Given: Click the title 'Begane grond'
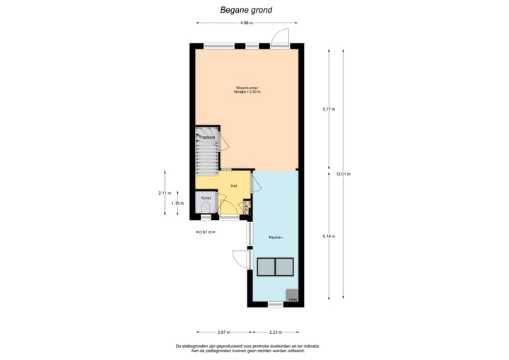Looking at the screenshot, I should pyautogui.click(x=245, y=10).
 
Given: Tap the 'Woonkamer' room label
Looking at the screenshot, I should pyautogui.click(x=247, y=88).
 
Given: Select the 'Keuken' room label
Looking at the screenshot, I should pyautogui.click(x=275, y=237).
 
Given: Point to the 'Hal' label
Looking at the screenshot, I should pyautogui.click(x=233, y=185).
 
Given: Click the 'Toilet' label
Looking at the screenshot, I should pyautogui.click(x=206, y=198).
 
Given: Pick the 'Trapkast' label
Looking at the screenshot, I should pyautogui.click(x=206, y=137).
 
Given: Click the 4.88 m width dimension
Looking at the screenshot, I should pyautogui.click(x=246, y=23).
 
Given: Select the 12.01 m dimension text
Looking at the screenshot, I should pyautogui.click(x=343, y=174).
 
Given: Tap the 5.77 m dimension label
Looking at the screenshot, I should pyautogui.click(x=328, y=110).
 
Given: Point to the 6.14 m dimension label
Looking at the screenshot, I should pyautogui.click(x=328, y=236).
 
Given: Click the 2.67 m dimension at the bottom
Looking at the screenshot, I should pyautogui.click(x=223, y=332).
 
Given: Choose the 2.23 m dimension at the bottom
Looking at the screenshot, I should pyautogui.click(x=276, y=332).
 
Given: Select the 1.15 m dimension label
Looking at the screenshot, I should pyautogui.click(x=177, y=204).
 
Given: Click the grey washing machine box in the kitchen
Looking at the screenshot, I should pyautogui.click(x=292, y=296).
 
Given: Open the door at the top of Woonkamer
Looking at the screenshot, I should pyautogui.click(x=279, y=38).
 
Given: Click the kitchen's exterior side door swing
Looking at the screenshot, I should pyautogui.click(x=240, y=259).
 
